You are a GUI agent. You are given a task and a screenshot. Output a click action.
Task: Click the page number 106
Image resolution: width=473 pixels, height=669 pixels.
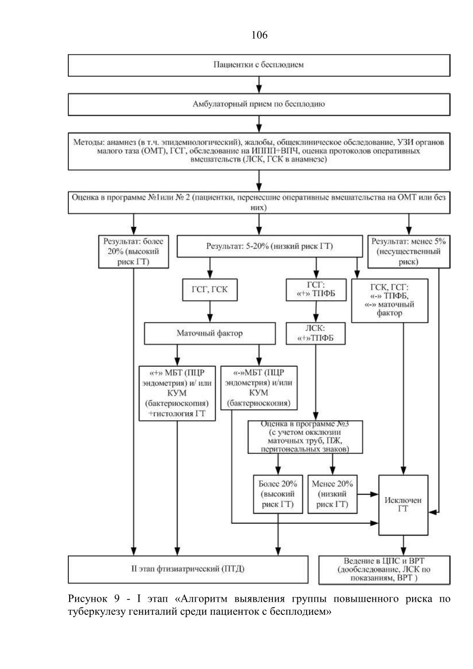pyautogui.click(x=259, y=35)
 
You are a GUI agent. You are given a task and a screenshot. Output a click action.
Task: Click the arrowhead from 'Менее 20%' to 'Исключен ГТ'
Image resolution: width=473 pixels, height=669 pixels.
pyautogui.click(x=374, y=494)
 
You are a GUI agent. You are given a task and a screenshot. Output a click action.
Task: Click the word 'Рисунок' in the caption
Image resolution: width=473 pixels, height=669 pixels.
pyautogui.click(x=87, y=599)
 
